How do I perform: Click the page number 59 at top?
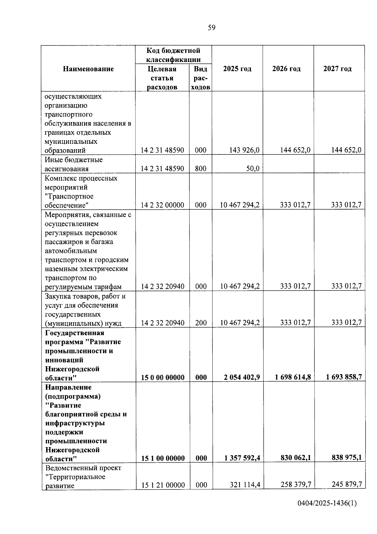pyautogui.click(x=212, y=28)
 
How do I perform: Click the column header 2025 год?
pyautogui.click(x=237, y=69)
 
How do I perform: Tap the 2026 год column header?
pyautogui.click(x=286, y=69)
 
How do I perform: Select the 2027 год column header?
pyautogui.click(x=337, y=69)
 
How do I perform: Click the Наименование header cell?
pyautogui.click(x=88, y=69)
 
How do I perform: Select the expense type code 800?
pyautogui.click(x=200, y=169)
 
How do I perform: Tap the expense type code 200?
pyautogui.click(x=200, y=323)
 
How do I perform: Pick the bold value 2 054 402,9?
pyautogui.click(x=242, y=377)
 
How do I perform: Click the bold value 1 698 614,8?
pyautogui.click(x=293, y=377)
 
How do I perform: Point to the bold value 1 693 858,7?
pyautogui.click(x=344, y=377)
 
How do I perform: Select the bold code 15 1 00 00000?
pyautogui.click(x=163, y=458)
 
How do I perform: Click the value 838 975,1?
pyautogui.click(x=347, y=458)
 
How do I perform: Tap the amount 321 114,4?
pyautogui.click(x=245, y=485)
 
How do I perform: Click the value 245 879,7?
pyautogui.click(x=347, y=484)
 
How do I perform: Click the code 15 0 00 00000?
pyautogui.click(x=162, y=378)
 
